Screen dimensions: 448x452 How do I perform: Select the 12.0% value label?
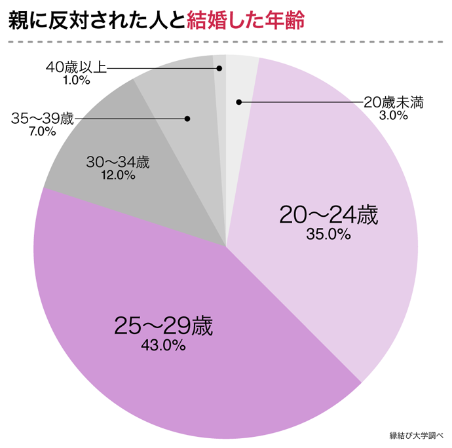(118, 176)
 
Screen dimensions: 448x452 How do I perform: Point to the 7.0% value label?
(42, 131)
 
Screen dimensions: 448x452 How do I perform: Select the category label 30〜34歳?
(118, 162)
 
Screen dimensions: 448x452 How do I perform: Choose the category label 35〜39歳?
(43, 119)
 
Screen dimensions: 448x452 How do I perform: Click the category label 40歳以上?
(76, 67)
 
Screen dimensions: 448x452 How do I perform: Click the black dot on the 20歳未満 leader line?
(239, 102)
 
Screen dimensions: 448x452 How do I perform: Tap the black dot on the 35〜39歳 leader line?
(187, 119)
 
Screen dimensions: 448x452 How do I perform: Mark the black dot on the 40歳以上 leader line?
(219, 67)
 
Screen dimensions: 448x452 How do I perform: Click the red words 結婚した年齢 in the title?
(246, 21)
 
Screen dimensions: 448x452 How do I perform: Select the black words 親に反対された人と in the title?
(96, 21)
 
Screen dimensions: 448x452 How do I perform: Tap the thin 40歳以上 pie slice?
(220, 131)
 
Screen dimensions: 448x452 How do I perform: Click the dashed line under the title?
(226, 41)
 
